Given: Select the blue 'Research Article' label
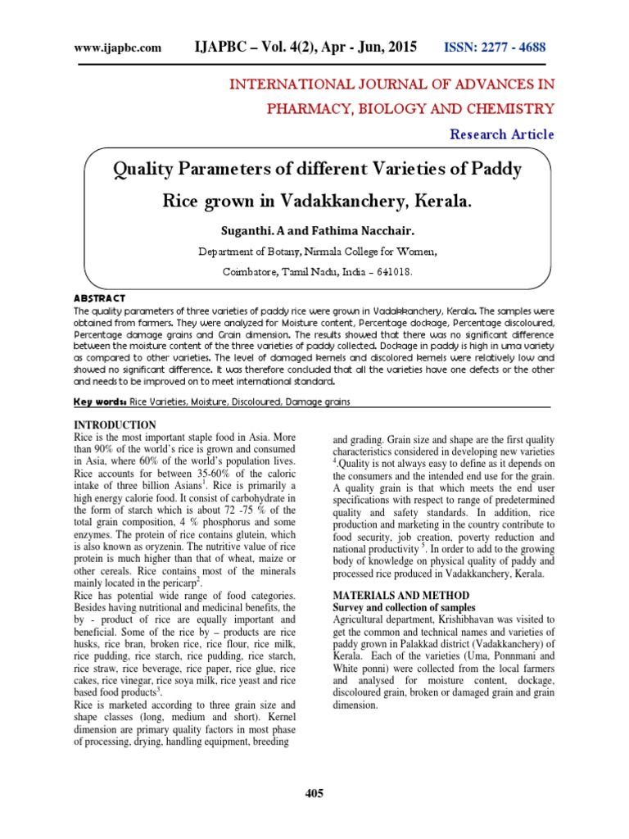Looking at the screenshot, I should point(501,134).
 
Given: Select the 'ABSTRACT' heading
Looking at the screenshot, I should point(99,299).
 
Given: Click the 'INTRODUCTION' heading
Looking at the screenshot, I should point(115,424).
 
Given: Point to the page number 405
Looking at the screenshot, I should point(314,793).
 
